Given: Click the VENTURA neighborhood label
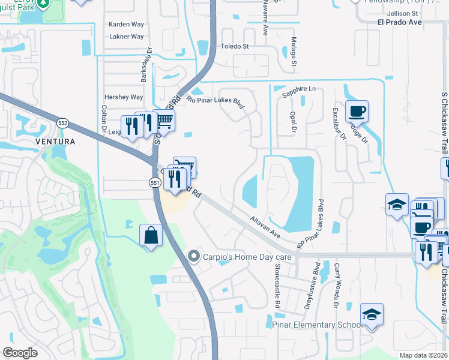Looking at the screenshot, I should (55, 142).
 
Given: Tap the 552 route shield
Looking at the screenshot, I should (63, 122).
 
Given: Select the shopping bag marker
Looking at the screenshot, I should (151, 235).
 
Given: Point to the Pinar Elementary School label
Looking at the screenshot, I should (316, 325).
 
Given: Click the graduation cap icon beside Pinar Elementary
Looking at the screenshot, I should (372, 315).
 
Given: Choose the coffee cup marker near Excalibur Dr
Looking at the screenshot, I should (357, 112).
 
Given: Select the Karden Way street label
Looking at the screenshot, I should (126, 25).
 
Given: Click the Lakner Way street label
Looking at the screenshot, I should (127, 37).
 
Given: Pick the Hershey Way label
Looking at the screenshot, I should (124, 97).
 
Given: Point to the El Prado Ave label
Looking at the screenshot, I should (399, 22).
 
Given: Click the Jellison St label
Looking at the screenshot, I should (402, 13).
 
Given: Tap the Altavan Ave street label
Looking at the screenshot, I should (265, 225).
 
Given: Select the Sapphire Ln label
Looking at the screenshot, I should (298, 89).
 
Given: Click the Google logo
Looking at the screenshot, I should (20, 353).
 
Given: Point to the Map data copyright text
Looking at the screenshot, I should (423, 355).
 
